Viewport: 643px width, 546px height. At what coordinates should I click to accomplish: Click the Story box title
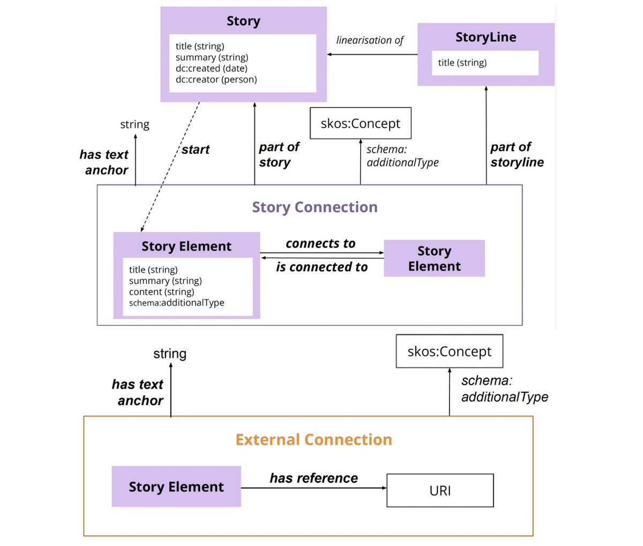click(243, 21)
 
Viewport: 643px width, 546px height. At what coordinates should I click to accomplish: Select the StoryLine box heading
click(485, 37)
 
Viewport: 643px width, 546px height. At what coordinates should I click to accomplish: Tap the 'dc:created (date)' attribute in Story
click(211, 69)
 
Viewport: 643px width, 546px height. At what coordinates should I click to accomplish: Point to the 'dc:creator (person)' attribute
click(216, 80)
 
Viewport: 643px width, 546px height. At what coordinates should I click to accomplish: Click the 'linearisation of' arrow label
click(370, 40)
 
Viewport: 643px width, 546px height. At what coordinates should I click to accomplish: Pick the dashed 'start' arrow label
click(196, 150)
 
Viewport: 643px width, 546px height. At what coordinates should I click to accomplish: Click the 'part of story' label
click(279, 155)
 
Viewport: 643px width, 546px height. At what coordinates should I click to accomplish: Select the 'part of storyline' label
click(517, 155)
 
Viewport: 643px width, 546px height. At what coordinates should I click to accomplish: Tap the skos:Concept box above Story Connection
click(360, 124)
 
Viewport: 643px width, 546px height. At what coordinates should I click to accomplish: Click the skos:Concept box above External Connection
click(449, 351)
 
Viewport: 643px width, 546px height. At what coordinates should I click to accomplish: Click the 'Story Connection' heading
click(315, 207)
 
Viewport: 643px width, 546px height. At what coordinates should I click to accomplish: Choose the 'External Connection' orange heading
click(313, 440)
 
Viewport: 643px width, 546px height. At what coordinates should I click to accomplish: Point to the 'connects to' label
click(320, 244)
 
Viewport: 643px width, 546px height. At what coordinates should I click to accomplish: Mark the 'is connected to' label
click(322, 267)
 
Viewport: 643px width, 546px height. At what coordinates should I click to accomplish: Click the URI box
click(440, 491)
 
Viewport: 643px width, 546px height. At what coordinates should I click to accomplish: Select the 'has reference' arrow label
click(313, 478)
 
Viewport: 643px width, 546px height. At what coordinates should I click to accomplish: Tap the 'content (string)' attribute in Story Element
click(161, 292)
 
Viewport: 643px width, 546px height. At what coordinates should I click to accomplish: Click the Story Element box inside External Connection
click(176, 487)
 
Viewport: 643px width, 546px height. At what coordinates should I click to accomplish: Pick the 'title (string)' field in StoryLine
click(462, 63)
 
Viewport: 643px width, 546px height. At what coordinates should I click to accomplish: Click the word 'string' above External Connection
click(170, 354)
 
